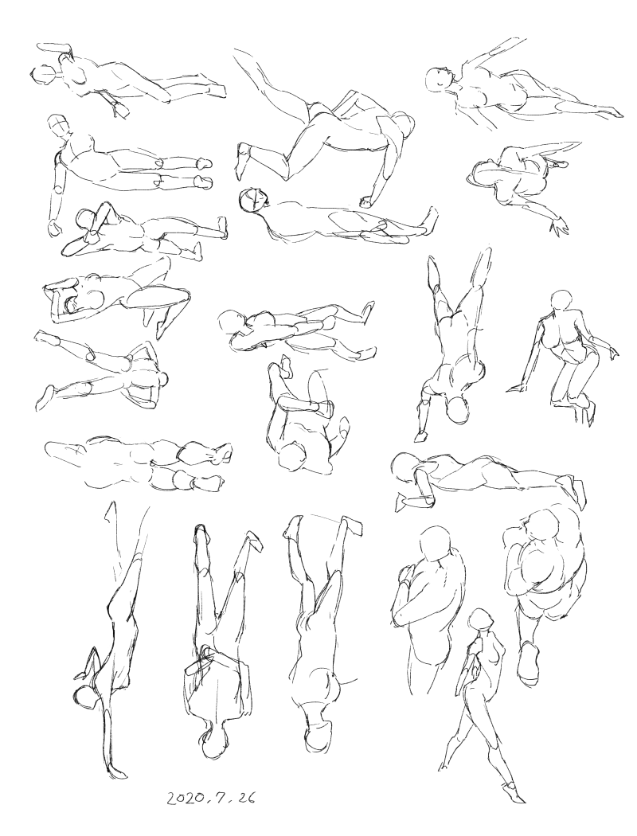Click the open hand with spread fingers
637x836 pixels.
point(560,225)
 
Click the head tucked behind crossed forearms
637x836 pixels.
point(86,219)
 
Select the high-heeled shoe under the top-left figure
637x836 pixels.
point(120,109)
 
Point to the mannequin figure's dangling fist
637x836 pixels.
point(54,228)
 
